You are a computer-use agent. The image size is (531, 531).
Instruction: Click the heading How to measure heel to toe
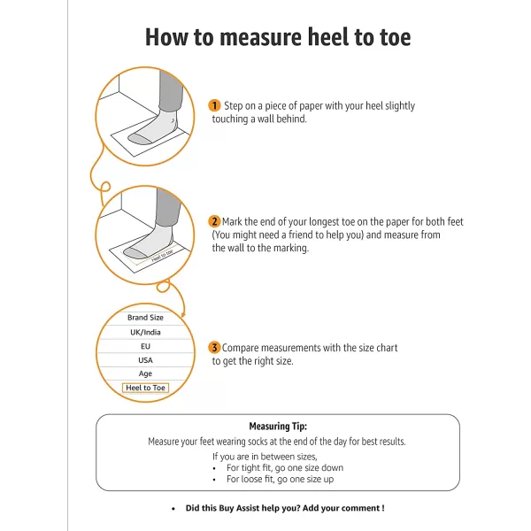277,38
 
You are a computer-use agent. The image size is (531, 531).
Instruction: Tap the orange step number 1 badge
214,105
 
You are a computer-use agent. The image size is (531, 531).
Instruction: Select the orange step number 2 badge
214,221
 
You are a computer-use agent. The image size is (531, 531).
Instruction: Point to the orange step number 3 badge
214,348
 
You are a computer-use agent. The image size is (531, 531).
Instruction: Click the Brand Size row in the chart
145,318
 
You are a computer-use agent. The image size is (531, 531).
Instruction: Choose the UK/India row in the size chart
145,332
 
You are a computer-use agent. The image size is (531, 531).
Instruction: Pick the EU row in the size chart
145,346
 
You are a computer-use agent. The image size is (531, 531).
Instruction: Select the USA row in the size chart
145,360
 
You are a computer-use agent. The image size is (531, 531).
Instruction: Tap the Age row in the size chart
145,374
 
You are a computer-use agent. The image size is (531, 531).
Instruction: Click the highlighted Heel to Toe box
145,389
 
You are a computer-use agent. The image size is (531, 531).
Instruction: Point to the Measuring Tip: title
278,426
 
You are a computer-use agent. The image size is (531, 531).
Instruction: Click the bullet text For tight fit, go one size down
285,467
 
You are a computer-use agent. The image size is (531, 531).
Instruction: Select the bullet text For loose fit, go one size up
279,479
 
